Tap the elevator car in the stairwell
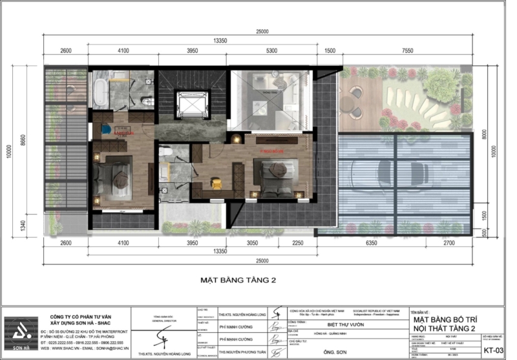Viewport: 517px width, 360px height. (192, 104)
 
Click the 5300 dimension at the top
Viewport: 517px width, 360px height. (271, 50)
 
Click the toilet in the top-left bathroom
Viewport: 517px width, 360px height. (147, 101)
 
